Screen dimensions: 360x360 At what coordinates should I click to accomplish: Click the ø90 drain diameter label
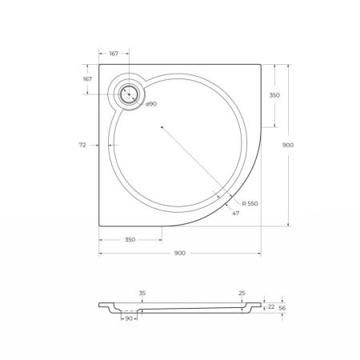click(x=150, y=105)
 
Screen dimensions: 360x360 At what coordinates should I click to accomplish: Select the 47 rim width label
click(x=235, y=214)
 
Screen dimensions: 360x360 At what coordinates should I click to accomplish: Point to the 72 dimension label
click(x=82, y=145)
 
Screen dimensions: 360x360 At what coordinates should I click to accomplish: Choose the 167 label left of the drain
click(x=86, y=79)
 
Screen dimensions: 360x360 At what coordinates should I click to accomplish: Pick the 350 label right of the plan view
click(x=274, y=95)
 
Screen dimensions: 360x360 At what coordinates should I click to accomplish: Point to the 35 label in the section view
click(x=142, y=294)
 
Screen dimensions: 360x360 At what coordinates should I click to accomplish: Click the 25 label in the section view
click(x=241, y=294)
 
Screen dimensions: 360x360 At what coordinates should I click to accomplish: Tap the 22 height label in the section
click(x=270, y=306)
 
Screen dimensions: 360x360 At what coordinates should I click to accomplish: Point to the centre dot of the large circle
click(x=162, y=126)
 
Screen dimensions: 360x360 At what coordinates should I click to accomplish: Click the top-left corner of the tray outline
click(x=99, y=66)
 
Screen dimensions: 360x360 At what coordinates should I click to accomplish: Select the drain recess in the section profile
click(x=128, y=312)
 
